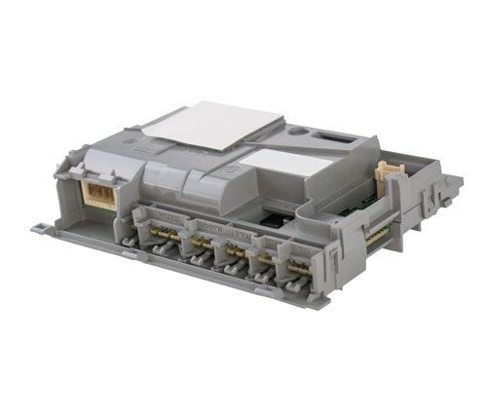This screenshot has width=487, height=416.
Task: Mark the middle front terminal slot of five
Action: [232, 254]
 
